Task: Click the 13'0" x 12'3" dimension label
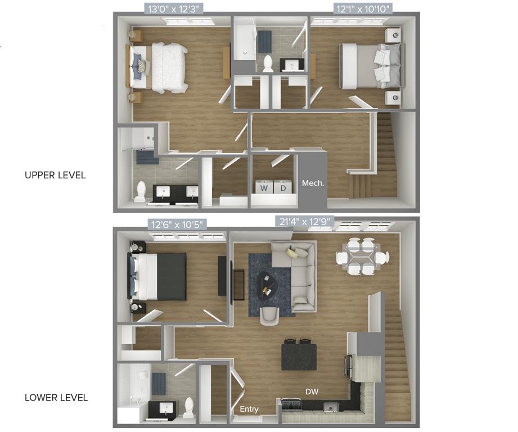click(x=172, y=8)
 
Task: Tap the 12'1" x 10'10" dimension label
click(x=362, y=8)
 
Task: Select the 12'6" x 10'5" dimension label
click(x=177, y=224)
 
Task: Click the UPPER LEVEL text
click(x=55, y=175)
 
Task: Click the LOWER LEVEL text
click(x=56, y=398)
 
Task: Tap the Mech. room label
click(x=313, y=183)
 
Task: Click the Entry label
click(x=249, y=409)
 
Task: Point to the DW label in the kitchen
click(x=312, y=391)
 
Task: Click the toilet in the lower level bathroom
click(x=188, y=407)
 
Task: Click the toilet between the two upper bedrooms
click(x=268, y=63)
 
